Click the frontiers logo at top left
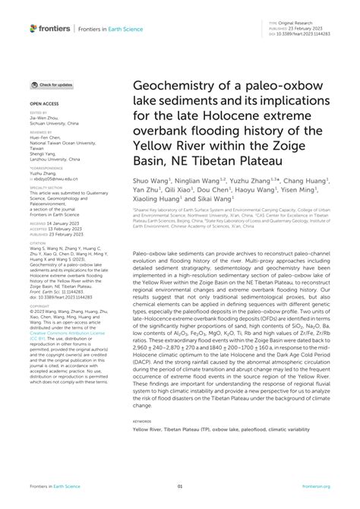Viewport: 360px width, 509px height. (x=50, y=28)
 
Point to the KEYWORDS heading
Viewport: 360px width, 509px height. (x=142, y=420)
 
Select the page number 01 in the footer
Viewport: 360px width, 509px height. (x=180, y=486)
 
